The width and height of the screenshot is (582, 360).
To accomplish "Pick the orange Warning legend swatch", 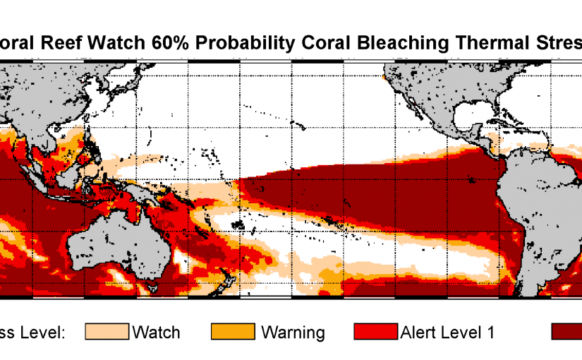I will click(x=232, y=332).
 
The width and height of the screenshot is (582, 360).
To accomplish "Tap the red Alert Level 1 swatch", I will click(x=373, y=332).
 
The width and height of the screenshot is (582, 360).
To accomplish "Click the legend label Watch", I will click(x=156, y=332).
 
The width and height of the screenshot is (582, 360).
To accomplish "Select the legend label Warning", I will click(x=293, y=332).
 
